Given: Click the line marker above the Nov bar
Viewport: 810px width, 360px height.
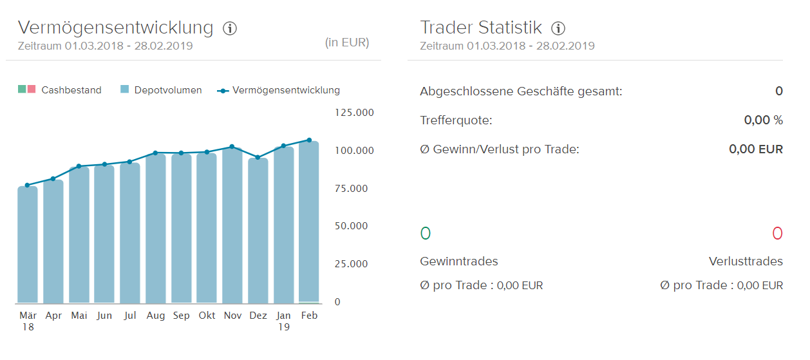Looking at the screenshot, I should (x=232, y=147).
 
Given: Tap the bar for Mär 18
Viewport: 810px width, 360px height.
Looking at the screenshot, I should (x=28, y=245).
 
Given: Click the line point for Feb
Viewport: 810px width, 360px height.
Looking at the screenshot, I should (x=309, y=140).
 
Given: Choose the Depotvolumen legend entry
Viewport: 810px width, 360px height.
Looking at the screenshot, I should (x=161, y=90).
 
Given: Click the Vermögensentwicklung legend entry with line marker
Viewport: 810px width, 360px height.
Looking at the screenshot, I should (x=278, y=90).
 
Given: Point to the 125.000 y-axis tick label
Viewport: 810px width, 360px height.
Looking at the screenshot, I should (x=354, y=113).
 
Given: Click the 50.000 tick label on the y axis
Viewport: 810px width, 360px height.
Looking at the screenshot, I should (x=354, y=226).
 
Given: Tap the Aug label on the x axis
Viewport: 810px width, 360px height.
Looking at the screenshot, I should (x=156, y=316).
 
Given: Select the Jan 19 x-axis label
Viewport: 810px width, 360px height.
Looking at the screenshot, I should (x=284, y=321).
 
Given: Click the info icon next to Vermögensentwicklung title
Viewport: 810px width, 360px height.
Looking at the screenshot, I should (x=230, y=28).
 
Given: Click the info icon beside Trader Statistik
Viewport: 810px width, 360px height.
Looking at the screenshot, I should (x=558, y=28).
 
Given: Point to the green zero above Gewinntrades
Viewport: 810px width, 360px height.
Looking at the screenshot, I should (x=426, y=233).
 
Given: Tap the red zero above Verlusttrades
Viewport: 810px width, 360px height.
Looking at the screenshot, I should (x=777, y=233).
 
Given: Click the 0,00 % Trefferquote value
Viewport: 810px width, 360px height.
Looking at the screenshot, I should (x=763, y=120).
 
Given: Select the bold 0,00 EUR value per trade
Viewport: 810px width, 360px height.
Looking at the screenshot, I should (x=756, y=149).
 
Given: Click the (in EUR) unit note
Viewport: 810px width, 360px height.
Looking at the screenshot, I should (x=347, y=43).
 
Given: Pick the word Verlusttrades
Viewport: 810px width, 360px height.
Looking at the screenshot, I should (x=746, y=261).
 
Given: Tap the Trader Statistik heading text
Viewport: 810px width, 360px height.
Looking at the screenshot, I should (x=481, y=28).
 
